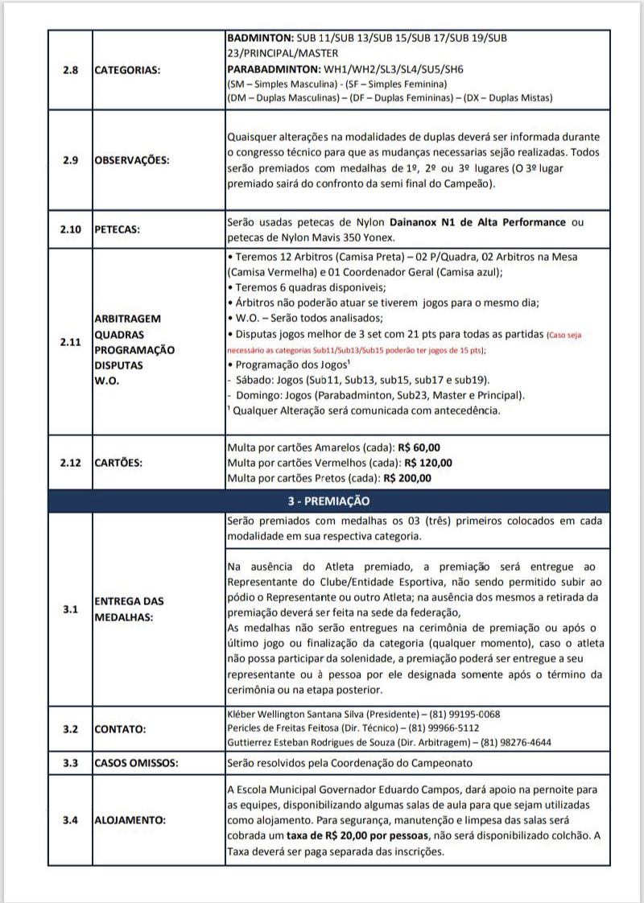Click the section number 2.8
(x=70, y=69)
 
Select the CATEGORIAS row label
(x=127, y=69)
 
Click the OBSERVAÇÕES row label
(x=132, y=160)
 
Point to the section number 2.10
(x=70, y=229)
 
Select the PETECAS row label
(x=118, y=229)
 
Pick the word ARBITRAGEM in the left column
(x=128, y=319)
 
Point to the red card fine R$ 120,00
(x=429, y=463)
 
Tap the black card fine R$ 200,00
(x=408, y=478)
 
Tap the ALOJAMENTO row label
(x=130, y=821)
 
